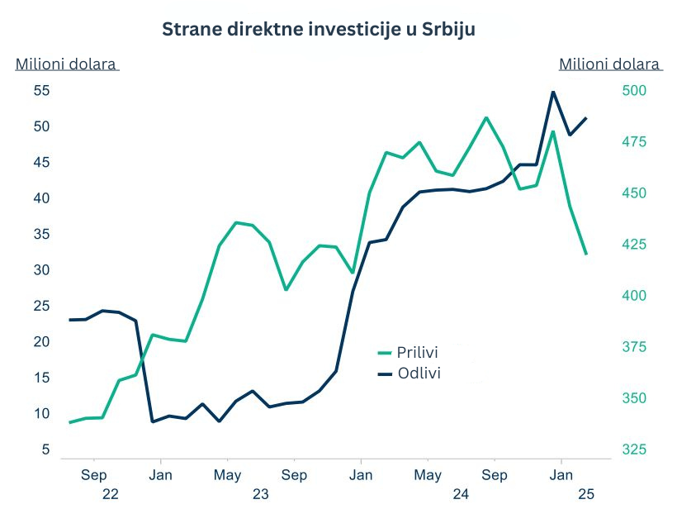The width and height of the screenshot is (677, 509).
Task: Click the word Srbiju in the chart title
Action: point(447,29)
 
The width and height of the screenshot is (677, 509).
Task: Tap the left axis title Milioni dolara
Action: point(66,64)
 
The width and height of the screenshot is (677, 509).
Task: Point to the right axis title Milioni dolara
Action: point(609,64)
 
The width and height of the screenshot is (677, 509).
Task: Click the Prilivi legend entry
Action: point(418,353)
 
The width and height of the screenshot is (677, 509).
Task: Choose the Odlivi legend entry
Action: point(419,373)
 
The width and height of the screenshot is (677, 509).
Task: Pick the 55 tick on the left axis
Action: point(41,91)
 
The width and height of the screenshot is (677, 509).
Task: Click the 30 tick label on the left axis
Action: point(41,270)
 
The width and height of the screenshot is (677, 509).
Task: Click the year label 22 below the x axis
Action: point(111,494)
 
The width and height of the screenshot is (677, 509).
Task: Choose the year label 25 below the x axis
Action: point(586,494)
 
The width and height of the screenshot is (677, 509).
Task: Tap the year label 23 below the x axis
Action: point(261,494)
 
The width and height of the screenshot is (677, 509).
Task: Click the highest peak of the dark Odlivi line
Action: point(553,92)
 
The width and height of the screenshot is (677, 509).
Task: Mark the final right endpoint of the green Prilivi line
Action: point(586,254)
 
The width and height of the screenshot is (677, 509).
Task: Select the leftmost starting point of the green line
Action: point(69,422)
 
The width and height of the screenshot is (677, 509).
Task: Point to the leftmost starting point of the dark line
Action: point(69,320)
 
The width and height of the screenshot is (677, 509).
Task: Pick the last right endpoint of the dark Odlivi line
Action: point(586,118)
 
